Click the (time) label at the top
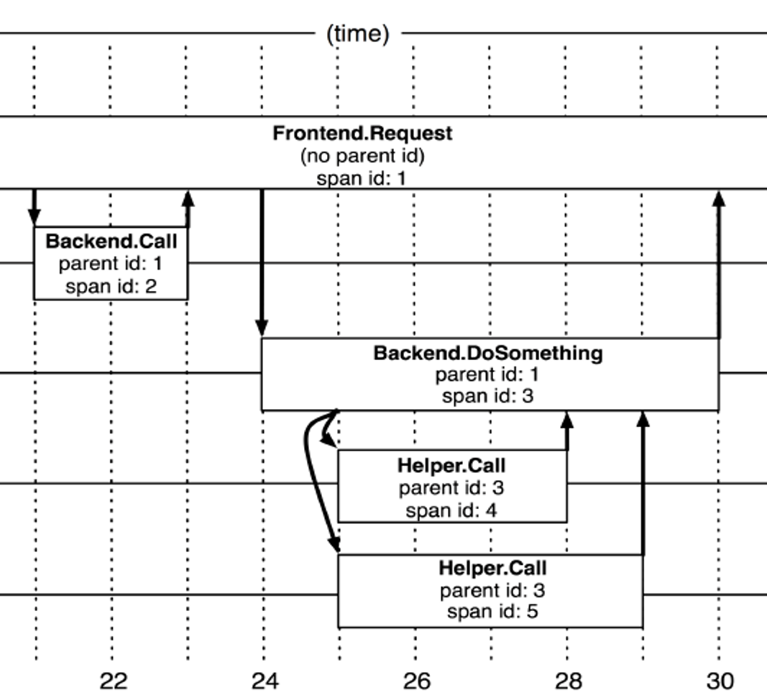pos(357,33)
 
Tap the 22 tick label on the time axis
pos(113,680)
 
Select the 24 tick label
pos(265,680)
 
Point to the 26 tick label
pos(417,680)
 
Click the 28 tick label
pos(569,680)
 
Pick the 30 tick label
pos(720,680)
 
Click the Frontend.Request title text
pos(362,134)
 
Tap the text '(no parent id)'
pos(362,155)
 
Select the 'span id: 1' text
pos(362,178)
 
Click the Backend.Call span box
pos(111,263)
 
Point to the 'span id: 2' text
pos(111,287)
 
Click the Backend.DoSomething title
pos(488,353)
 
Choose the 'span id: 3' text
pos(488,395)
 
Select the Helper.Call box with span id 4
pos(451,486)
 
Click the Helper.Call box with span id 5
pos(490,590)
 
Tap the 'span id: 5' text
pos(492,612)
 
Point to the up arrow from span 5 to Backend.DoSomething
pos(643,482)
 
